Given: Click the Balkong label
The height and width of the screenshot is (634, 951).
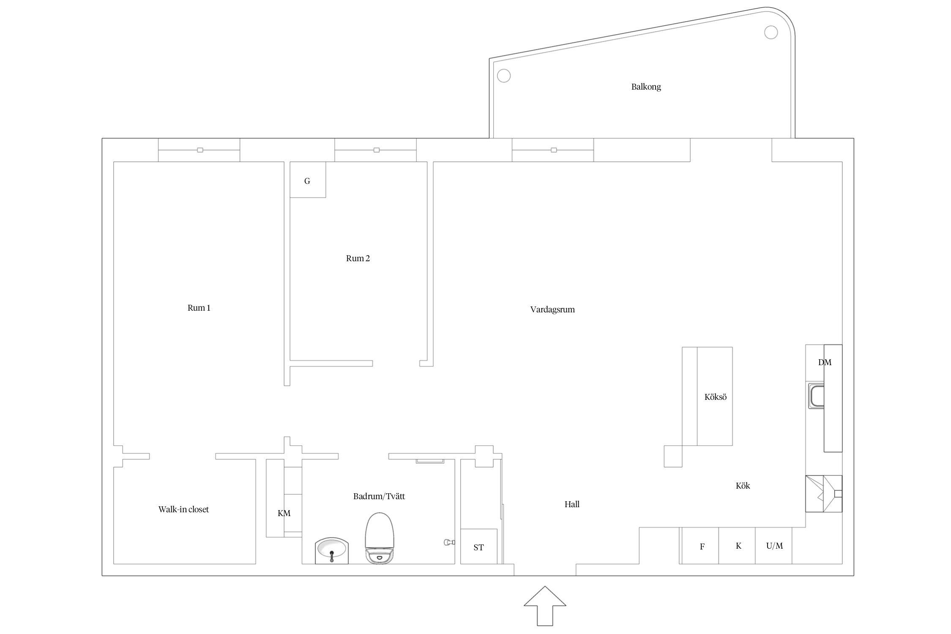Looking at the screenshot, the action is click(x=646, y=87).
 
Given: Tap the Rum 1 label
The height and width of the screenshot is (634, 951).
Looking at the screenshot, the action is click(x=199, y=308).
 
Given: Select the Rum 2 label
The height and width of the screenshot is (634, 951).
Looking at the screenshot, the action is click(x=358, y=258).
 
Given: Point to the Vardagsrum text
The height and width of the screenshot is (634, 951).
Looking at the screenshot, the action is click(x=552, y=309).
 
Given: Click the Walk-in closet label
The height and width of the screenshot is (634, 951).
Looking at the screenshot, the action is click(x=183, y=509).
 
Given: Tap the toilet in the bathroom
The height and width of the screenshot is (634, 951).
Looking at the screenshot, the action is click(x=380, y=538).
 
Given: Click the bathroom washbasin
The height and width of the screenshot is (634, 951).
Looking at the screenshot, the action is click(x=332, y=550).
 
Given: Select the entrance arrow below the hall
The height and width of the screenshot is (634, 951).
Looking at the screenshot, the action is click(x=545, y=606).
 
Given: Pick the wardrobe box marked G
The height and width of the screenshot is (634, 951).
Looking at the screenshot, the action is click(x=308, y=180).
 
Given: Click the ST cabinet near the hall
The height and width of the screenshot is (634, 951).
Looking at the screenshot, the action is click(x=478, y=546).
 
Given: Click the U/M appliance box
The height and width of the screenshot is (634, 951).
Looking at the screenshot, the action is click(x=773, y=546).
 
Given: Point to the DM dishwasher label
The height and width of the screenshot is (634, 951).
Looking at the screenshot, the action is click(x=825, y=362).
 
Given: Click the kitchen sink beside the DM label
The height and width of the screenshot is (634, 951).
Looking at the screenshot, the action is click(x=816, y=396).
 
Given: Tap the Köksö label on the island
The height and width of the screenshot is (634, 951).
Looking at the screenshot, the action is click(x=715, y=397).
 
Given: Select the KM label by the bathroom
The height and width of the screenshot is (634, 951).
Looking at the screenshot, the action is click(x=284, y=513).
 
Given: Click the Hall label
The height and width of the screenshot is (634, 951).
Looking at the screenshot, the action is click(x=572, y=504).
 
